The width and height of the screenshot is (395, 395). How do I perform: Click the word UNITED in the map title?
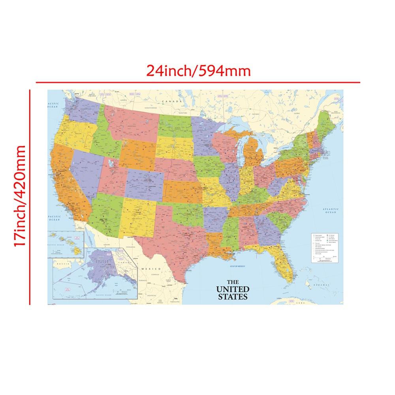tap(232, 289)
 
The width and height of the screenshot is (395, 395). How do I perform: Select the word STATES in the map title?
tap(232, 296)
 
